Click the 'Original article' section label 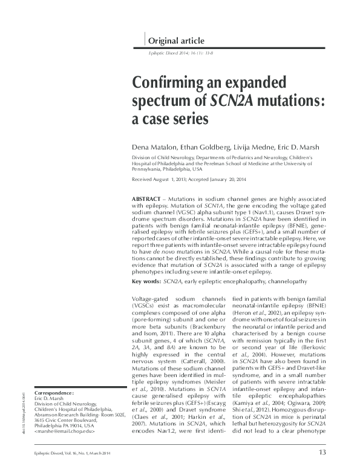[176, 41]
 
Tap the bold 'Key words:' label [148, 281]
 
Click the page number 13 [322, 452]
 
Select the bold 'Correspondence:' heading [56, 393]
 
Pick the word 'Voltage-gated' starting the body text [149, 300]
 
